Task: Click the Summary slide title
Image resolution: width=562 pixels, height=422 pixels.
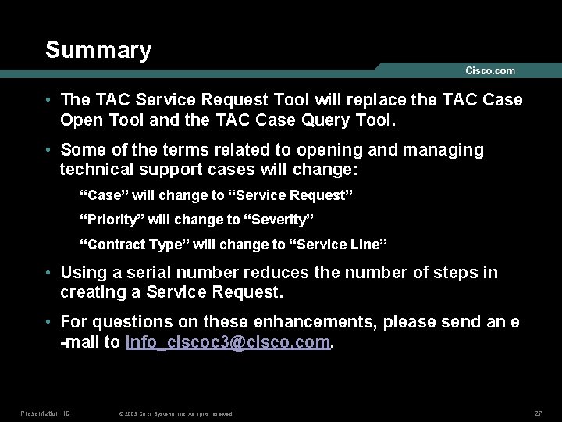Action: [x=98, y=50]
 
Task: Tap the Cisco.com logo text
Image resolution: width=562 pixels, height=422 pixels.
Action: [x=490, y=71]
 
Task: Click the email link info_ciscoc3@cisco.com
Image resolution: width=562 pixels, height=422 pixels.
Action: [x=228, y=342]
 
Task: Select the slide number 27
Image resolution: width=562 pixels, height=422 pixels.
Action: [x=538, y=413]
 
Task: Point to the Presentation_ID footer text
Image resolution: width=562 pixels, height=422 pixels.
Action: [x=45, y=413]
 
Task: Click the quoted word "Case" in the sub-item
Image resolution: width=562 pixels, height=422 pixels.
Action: [x=104, y=194]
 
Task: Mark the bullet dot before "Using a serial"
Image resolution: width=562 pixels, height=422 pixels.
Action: [x=49, y=273]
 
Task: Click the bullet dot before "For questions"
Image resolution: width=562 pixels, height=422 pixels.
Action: [x=49, y=322]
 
